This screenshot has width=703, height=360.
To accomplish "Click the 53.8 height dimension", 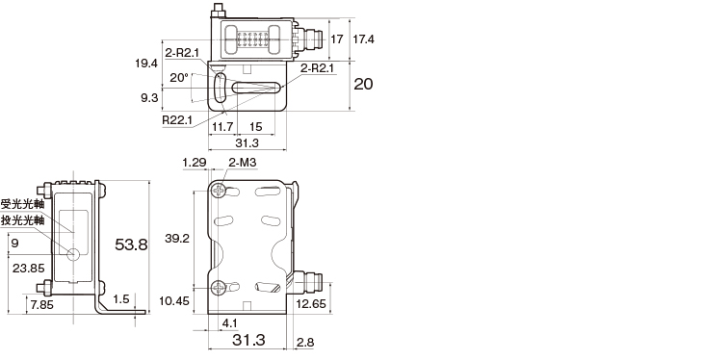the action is pyautogui.click(x=131, y=244).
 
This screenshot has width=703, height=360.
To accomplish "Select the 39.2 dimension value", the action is pyautogui.click(x=176, y=239).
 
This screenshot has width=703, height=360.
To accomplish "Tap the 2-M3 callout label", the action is pyautogui.click(x=242, y=162).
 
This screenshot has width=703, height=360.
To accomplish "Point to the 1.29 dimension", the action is pyautogui.click(x=195, y=162).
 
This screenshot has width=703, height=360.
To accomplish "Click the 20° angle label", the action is pyautogui.click(x=179, y=78).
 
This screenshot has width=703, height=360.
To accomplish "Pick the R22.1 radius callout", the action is pyautogui.click(x=177, y=120).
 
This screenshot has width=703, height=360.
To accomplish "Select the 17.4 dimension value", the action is pyautogui.click(x=363, y=39).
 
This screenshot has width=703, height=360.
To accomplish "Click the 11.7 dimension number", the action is pyautogui.click(x=222, y=127).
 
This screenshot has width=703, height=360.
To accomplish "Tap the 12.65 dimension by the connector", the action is pyautogui.click(x=311, y=304).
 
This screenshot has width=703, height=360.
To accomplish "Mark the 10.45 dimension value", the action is pyautogui.click(x=174, y=301).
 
